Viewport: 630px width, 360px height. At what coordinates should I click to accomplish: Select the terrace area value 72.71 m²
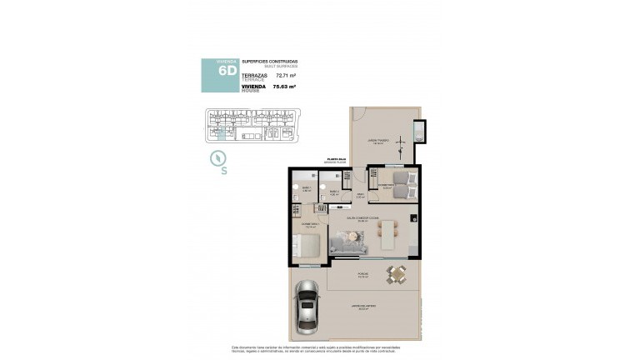point(286,75)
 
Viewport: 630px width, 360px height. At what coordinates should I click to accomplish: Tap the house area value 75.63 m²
point(285,86)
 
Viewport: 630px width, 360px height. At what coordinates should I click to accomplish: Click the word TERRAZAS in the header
point(253,74)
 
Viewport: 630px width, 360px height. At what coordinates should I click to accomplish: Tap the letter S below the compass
point(224,172)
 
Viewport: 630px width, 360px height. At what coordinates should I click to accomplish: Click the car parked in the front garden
point(307,306)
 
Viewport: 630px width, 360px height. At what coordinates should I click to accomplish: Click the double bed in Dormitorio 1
point(305,247)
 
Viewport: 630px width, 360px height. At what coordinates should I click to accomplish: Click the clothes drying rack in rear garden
point(402,148)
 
